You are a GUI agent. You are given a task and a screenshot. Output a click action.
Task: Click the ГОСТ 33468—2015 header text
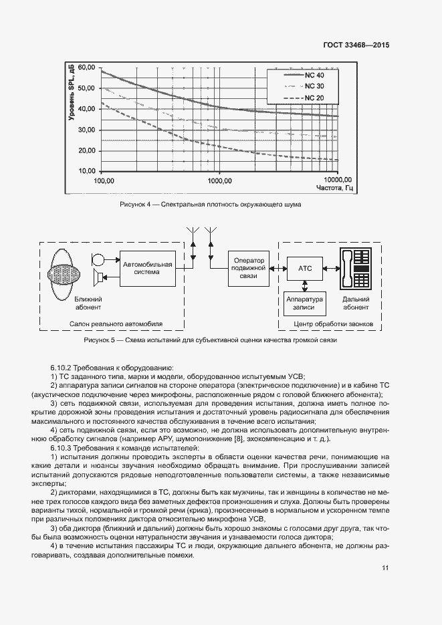pyautogui.click(x=356, y=45)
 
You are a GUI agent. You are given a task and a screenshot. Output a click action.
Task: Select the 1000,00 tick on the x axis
pyautogui.click(x=218, y=180)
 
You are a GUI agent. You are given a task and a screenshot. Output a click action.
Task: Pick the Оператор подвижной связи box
pyautogui.click(x=248, y=269)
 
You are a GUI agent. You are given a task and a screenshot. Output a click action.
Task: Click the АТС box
pyautogui.click(x=304, y=268)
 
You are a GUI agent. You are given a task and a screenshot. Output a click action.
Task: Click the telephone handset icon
pyautogui.click(x=347, y=267)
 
